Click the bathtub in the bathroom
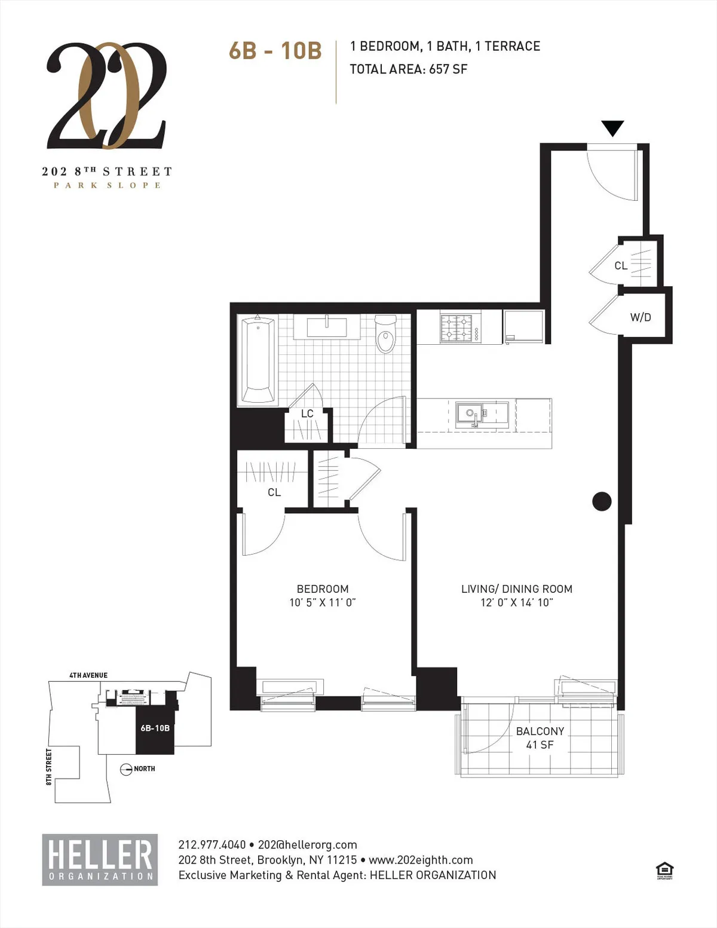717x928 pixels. pos(258,360)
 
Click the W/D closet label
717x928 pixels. pos(641,317)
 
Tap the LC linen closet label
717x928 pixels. pos(307,414)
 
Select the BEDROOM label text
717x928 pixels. pos(323,589)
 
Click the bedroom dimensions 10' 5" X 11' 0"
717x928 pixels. pos(323,603)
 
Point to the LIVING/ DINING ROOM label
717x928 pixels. pos(517,589)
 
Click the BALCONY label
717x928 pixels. pos(540,731)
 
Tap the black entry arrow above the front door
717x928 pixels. pos(612,128)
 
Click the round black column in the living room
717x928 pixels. pos(602,501)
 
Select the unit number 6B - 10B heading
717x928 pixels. pos(275,51)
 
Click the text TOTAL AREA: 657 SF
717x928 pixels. pos(409,69)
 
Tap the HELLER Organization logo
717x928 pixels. pos(100,859)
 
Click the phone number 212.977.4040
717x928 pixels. pos(212,845)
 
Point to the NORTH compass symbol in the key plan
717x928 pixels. pos(127,769)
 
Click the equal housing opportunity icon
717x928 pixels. pos(664,870)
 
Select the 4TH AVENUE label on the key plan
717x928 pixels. pos(88,675)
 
